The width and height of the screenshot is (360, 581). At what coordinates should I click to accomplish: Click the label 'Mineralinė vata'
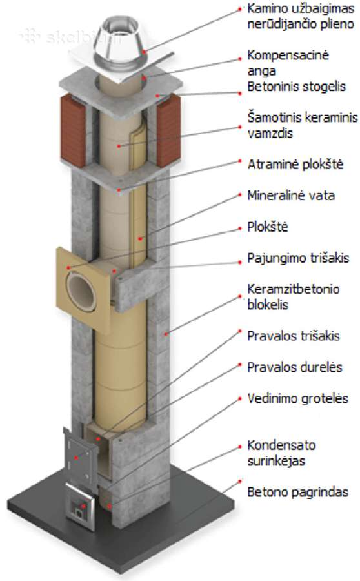tap(291, 195)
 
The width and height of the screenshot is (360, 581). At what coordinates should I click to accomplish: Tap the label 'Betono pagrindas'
tap(298, 492)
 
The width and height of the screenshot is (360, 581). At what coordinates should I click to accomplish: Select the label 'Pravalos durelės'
tap(295, 367)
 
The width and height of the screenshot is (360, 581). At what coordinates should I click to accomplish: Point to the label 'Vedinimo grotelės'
tap(298, 398)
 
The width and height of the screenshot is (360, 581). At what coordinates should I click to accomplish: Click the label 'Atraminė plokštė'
tap(295, 164)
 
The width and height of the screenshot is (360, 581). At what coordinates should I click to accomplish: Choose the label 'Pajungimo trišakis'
tap(298, 258)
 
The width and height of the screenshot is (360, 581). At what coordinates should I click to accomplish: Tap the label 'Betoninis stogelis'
tap(296, 87)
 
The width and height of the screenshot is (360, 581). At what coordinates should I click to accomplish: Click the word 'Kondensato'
tap(281, 445)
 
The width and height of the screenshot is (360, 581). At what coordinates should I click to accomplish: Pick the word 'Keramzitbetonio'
tap(294, 289)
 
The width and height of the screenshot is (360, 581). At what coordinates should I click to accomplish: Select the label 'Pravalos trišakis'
tap(294, 336)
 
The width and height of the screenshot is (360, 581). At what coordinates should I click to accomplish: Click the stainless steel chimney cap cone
tap(116, 44)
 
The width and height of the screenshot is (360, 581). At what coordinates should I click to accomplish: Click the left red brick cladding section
tap(73, 130)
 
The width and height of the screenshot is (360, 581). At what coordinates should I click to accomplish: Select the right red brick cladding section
tap(168, 130)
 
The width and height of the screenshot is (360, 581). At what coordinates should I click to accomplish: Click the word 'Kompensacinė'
tap(288, 56)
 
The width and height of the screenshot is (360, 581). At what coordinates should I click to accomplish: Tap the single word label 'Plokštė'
tap(267, 227)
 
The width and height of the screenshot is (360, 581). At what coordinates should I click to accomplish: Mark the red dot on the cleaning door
tap(76, 458)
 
